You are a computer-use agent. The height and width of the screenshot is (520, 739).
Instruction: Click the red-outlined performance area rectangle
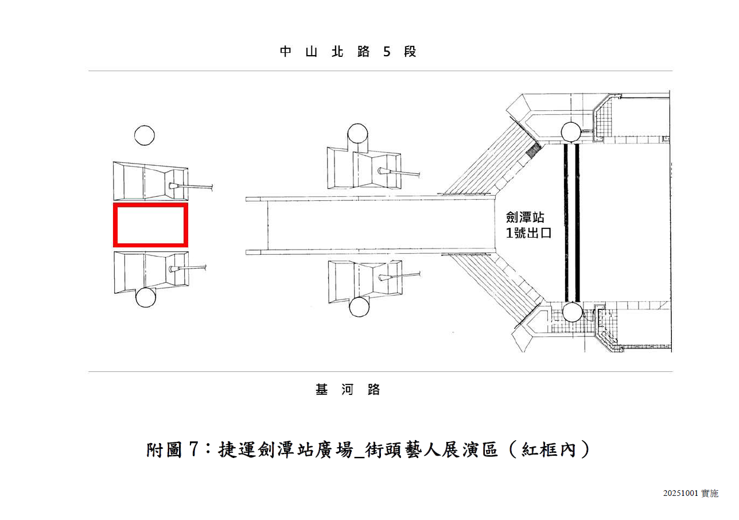[150, 225]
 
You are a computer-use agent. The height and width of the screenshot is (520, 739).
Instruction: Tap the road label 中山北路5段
[348, 52]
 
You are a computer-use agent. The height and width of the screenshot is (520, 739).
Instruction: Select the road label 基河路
[348, 390]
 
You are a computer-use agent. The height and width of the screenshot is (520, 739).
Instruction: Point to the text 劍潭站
[525, 218]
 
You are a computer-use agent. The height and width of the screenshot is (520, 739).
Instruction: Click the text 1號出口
[528, 234]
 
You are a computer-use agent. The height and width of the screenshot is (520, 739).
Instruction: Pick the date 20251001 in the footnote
[680, 494]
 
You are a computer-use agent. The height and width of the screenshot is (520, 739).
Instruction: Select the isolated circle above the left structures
[145, 135]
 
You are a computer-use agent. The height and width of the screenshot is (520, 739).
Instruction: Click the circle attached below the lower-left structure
[145, 297]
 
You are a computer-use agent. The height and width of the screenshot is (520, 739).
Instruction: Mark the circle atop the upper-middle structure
[357, 134]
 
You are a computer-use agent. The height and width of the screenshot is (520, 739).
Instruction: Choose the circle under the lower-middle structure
[359, 306]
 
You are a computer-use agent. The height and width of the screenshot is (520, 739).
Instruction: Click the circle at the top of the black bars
[571, 133]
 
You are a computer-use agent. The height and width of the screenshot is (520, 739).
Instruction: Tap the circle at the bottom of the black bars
[572, 312]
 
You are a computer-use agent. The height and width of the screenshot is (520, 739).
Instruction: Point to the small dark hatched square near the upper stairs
[534, 150]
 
